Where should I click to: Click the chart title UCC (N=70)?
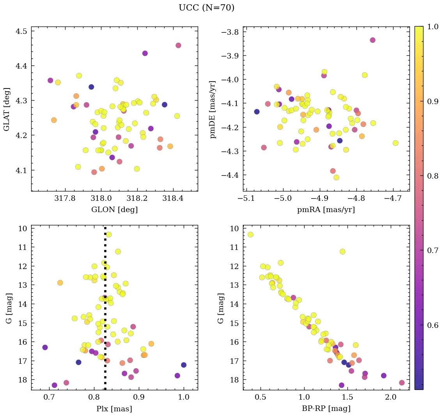[x=206, y=8]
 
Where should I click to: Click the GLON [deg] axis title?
[x=114, y=210]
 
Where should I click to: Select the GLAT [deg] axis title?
[x=7, y=109]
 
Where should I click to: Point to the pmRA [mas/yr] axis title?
[x=326, y=210]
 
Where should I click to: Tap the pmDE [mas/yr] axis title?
[x=213, y=109]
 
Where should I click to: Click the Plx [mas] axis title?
[x=114, y=409]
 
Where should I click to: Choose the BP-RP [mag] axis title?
[x=326, y=409]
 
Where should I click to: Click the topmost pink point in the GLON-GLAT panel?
[x=178, y=45]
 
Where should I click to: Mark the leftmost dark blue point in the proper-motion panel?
[x=257, y=112]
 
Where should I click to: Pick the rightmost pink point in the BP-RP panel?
[x=402, y=382]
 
